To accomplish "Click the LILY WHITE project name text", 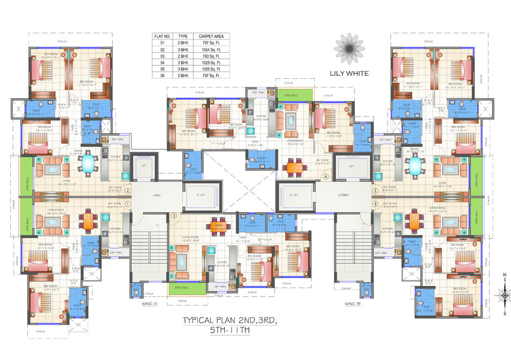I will (350, 73).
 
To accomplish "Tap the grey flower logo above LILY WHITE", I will (349, 49).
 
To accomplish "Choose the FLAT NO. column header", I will (162, 37).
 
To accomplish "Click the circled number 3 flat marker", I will (174, 216).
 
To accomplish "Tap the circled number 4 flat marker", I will (325, 177).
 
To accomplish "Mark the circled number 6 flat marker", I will (376, 204).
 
